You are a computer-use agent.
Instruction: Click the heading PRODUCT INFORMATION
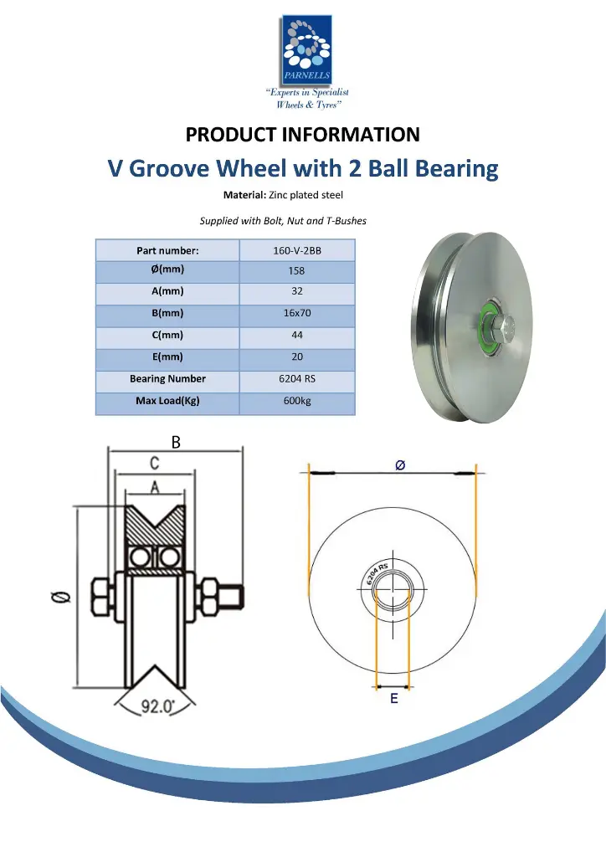(x=302, y=135)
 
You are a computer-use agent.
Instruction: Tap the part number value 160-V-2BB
(x=296, y=250)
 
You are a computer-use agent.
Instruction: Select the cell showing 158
(x=296, y=271)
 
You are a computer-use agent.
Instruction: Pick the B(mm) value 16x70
(x=296, y=314)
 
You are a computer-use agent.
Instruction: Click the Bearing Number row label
(x=167, y=379)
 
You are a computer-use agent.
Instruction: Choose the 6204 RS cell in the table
(x=296, y=379)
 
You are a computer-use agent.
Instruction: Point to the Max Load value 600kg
(x=296, y=401)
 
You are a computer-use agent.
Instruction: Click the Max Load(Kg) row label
(x=167, y=401)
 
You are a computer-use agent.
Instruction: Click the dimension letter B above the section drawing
(x=176, y=443)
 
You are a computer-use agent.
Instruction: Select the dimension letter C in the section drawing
(x=155, y=463)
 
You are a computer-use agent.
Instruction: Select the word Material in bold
(x=244, y=195)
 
